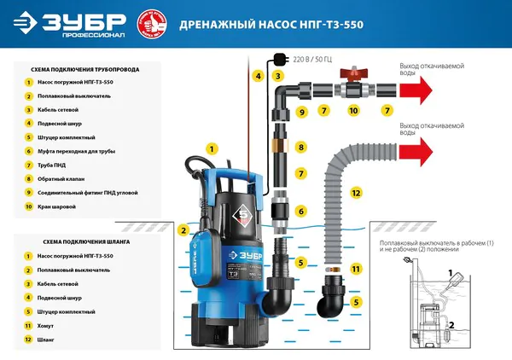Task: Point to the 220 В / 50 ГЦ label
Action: pos(312,61)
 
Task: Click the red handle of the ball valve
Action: pos(351,75)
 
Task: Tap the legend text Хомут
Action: pos(46,326)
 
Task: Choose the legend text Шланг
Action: pos(46,340)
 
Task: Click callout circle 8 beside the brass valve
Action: pos(300,148)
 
